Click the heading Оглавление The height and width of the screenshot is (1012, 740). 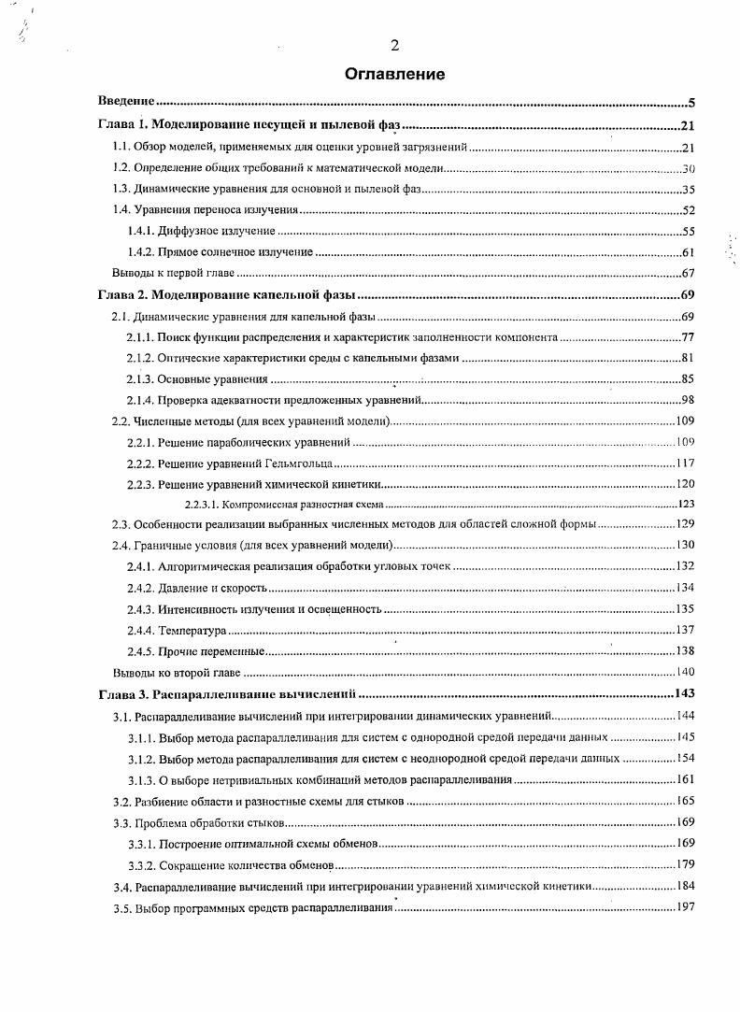394,74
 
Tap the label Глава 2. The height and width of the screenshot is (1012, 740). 121,295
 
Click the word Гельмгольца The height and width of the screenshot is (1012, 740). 298,463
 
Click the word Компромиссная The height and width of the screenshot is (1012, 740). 243,504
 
